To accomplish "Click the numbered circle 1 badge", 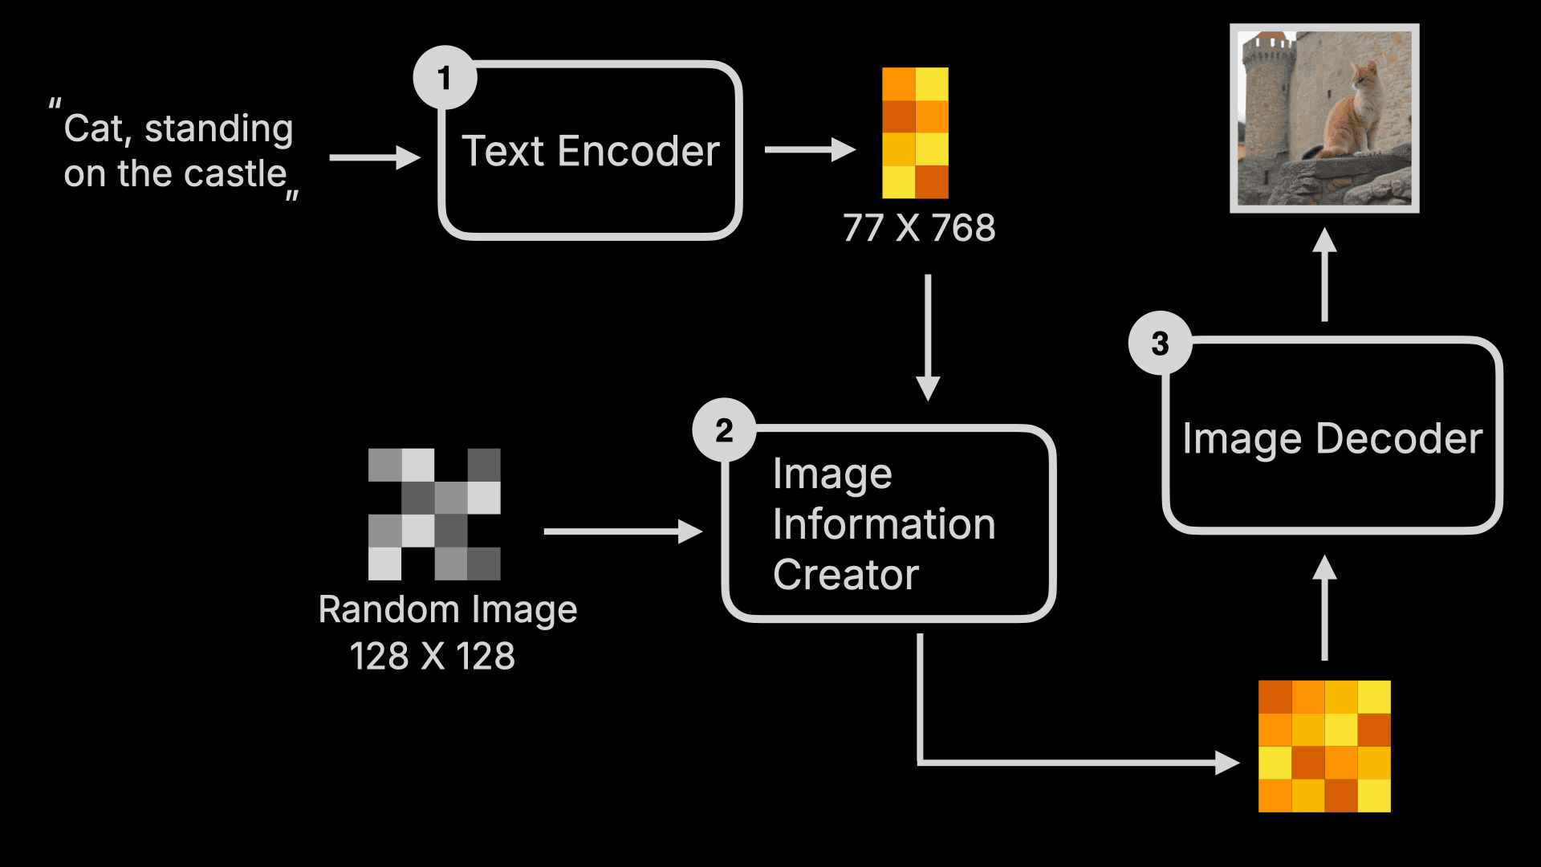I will coord(445,78).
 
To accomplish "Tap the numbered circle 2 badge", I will coord(724,430).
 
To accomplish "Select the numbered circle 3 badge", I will coord(1160,344).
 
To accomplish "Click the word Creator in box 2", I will coord(845,575).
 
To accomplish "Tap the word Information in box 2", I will coord(884,524).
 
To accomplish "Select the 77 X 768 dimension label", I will coord(919,228).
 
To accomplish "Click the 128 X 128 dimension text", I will coord(432,656).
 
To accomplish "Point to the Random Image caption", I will coord(447,609).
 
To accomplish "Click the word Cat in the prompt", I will coord(93,128).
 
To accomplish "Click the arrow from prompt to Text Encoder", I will coord(374,157).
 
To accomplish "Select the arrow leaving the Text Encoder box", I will coord(809,149).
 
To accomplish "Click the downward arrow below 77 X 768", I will coord(928,337).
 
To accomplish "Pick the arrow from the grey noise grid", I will coord(622,531).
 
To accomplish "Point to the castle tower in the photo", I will coord(1268,96).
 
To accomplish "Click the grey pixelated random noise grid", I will coord(434,514).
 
